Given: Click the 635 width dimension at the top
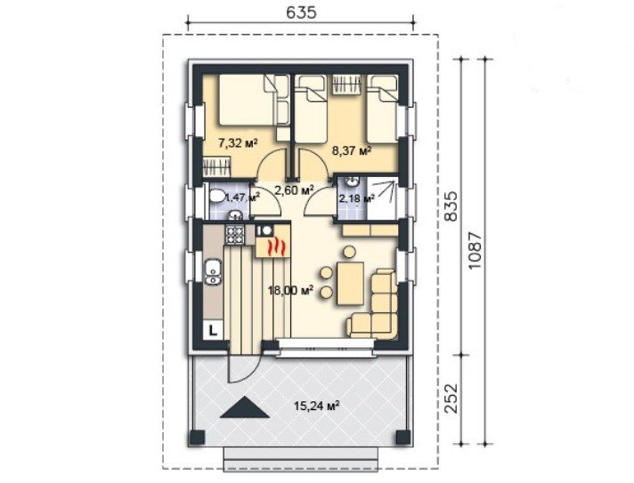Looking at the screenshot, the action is (x=300, y=12).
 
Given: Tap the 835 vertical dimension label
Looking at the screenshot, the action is (x=451, y=205).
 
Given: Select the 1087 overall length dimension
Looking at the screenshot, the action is (x=475, y=251).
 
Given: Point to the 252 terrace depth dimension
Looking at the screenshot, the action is (x=451, y=398).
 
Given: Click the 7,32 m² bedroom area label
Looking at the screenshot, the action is (x=238, y=142).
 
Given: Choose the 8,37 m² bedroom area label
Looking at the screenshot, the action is (x=352, y=151).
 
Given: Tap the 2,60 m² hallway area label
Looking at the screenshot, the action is (x=295, y=189).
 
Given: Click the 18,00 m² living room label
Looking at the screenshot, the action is (x=291, y=290).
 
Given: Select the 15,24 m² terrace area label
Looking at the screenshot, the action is (x=316, y=405).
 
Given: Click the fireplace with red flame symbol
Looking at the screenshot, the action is (x=273, y=246).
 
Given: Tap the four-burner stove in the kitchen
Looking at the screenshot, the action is (x=235, y=235).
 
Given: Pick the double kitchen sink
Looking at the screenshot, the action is (x=212, y=272).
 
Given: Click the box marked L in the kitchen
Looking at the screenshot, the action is (x=213, y=331).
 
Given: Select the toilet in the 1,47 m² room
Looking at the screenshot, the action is (x=217, y=197).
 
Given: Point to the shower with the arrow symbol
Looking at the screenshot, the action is (x=382, y=199).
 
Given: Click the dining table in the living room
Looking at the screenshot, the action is (x=350, y=283).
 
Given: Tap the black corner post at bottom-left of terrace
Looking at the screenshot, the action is (x=197, y=438).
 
